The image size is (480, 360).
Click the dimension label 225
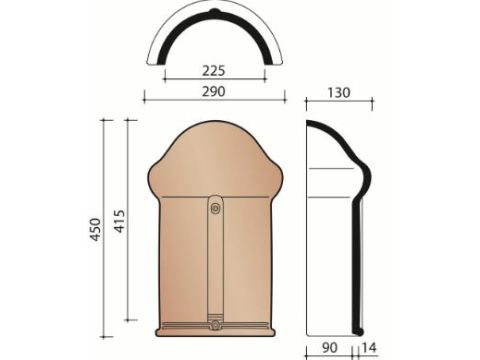pyautogui.click(x=214, y=70)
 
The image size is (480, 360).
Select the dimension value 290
pyautogui.click(x=214, y=91)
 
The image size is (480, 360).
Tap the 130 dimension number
pyautogui.click(x=339, y=93)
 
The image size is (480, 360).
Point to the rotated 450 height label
pyautogui.click(x=95, y=230)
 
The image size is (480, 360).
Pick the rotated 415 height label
pyautogui.click(x=119, y=221)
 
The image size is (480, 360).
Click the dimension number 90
pyautogui.click(x=330, y=348)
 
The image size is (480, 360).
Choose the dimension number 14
pyautogui.click(x=369, y=348)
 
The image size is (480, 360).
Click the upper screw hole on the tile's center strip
pyautogui.click(x=216, y=208)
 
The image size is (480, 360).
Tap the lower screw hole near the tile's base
pyautogui.click(x=216, y=324)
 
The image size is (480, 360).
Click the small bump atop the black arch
pyautogui.click(x=214, y=12)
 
